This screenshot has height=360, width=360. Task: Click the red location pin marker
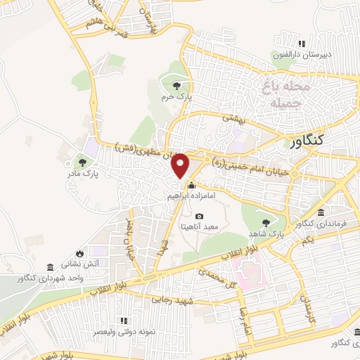pyautogui.click(x=181, y=165)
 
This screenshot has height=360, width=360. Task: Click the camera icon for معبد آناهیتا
pyautogui.click(x=199, y=216)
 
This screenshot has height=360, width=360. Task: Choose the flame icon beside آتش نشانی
pyautogui.click(x=79, y=253)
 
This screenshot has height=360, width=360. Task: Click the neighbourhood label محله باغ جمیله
pyautogui.click(x=286, y=96)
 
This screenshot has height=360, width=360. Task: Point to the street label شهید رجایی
pyautogui.click(x=169, y=299)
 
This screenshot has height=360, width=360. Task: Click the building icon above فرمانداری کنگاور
pyautogui.click(x=320, y=212)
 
